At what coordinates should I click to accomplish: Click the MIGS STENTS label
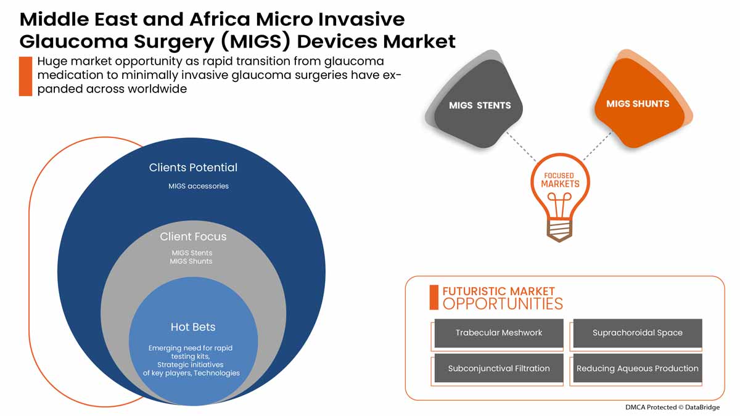(479, 105)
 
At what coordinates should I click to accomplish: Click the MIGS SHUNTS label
(637, 104)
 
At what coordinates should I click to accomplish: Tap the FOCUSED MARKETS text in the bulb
(560, 180)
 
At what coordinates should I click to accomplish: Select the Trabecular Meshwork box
(499, 333)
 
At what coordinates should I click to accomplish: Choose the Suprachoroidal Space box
(637, 333)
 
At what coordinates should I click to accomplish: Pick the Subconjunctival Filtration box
(499, 369)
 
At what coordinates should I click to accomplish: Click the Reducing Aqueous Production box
(637, 369)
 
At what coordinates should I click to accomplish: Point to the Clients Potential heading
(193, 168)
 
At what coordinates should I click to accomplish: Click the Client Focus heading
(193, 237)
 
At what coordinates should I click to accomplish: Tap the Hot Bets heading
(193, 327)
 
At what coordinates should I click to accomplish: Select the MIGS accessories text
(199, 186)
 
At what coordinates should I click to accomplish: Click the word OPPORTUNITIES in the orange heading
(503, 304)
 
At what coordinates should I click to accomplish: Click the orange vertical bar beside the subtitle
(25, 76)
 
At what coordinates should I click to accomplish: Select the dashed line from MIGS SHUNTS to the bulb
(597, 147)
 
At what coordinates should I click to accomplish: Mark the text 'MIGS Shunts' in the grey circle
(191, 261)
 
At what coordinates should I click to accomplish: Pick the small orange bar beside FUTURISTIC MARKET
(434, 297)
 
